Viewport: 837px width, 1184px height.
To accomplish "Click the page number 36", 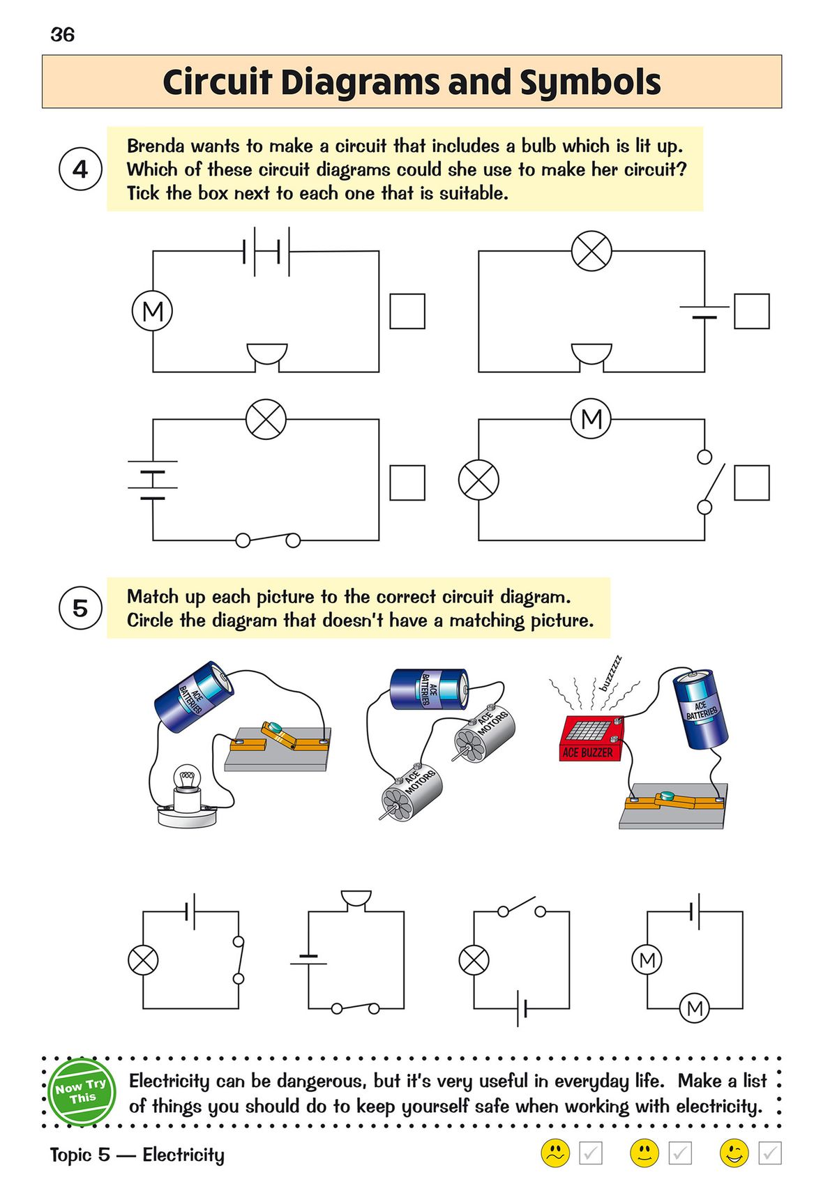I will pos(62,35).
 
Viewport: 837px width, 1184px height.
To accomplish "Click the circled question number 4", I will pos(80,169).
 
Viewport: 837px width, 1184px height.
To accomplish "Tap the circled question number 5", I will pos(80,608).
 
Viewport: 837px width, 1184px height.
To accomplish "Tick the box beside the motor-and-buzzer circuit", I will pos(407,311).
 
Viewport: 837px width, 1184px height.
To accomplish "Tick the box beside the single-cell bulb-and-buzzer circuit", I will pos(751,311).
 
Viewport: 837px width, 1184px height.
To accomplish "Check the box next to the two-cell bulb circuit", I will pos(407,483).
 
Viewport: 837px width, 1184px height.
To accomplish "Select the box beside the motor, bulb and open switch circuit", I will pos(751,483).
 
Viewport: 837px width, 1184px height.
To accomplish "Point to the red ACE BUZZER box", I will pos(591,738).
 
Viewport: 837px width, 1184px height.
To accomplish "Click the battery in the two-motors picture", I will pos(428,690).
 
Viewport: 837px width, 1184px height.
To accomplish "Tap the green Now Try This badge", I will pos(82,1092).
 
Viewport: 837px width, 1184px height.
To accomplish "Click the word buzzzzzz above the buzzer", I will pos(610,673).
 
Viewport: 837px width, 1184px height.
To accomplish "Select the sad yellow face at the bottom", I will pos(555,1153).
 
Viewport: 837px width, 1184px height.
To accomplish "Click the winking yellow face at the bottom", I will pos(734,1153).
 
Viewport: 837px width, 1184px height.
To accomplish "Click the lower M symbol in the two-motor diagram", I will pos(694,1008).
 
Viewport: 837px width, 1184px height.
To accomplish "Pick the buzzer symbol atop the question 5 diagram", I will pos(356,900).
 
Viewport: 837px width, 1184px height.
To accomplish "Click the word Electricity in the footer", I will pos(183,1155).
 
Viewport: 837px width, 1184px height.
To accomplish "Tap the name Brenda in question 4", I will pos(155,146).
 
